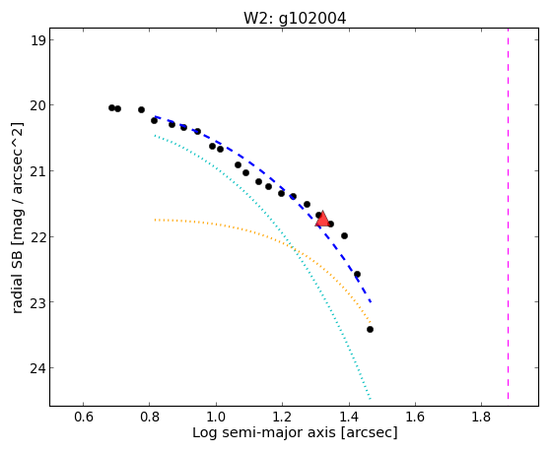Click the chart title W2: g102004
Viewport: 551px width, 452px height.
295,19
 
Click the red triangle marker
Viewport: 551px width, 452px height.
322,220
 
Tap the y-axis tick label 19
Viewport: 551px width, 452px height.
37,40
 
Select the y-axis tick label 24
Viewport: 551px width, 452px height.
37,368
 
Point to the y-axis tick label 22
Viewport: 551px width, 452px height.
37,236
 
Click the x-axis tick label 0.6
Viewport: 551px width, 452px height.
83,417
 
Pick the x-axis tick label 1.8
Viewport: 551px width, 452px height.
481,417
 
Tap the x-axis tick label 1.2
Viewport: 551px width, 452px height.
282,417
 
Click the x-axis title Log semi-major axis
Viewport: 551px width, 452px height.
263,432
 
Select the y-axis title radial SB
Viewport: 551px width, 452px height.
17,274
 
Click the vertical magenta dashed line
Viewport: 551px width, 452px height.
509,214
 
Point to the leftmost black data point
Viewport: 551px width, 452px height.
111,107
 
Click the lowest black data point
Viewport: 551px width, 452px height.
370,330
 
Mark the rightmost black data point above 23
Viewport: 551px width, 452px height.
357,275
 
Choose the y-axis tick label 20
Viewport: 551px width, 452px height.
37,105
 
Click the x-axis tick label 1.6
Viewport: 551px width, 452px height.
415,417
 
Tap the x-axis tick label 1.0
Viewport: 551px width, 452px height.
216,417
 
